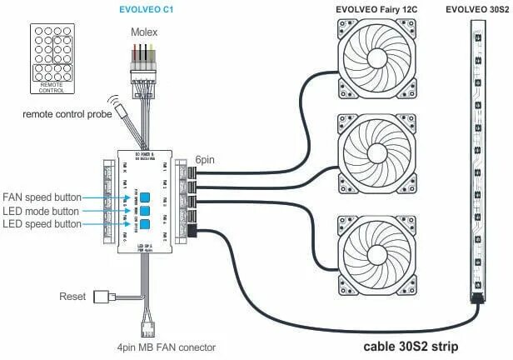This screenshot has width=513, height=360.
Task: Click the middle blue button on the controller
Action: point(144,211)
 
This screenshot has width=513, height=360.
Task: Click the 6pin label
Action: point(207,158)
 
